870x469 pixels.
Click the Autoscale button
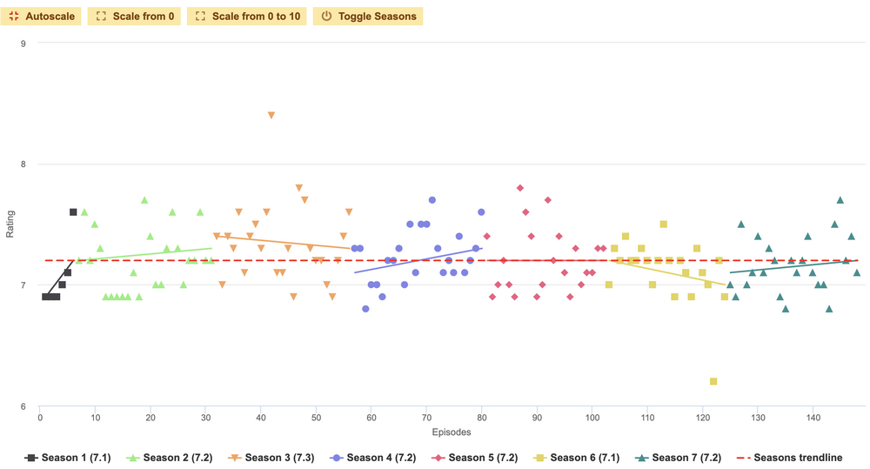(x=43, y=16)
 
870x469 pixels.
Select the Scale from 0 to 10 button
(x=247, y=16)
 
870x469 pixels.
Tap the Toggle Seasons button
(x=368, y=16)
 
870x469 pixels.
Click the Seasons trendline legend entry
(x=795, y=458)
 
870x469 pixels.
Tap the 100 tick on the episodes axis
(x=592, y=419)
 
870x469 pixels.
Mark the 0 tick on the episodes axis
(x=40, y=419)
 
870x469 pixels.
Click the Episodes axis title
(x=452, y=432)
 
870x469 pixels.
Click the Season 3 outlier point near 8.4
(x=271, y=115)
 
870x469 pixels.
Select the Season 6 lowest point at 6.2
(x=713, y=381)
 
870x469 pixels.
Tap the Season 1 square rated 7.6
(x=73, y=211)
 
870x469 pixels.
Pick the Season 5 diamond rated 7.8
(x=519, y=188)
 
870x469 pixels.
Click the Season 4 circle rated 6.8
(x=365, y=309)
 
